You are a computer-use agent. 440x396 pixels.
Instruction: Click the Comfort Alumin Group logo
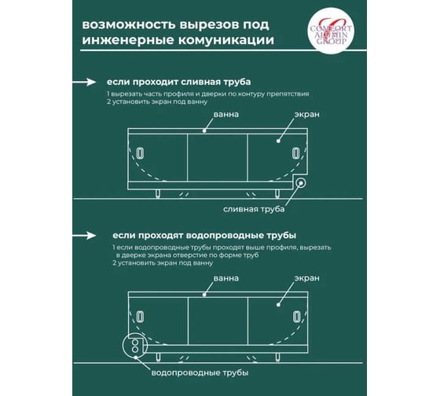(331, 31)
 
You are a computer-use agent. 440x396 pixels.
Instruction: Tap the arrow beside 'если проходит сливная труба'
(84, 82)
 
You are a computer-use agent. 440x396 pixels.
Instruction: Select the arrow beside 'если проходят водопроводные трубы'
(84, 235)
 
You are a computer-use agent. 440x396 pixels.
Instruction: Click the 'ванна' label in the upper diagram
(226, 115)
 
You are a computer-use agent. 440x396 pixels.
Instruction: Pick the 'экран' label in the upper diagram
(306, 115)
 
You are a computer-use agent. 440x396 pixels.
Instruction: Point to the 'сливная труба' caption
(254, 209)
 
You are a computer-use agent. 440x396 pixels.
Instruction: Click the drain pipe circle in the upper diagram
(301, 183)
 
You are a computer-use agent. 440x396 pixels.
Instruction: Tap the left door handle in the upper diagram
(140, 153)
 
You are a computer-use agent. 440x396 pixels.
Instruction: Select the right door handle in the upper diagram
(295, 153)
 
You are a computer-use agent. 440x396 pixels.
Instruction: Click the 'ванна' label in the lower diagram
(226, 278)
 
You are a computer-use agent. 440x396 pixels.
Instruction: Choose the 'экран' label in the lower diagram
(306, 278)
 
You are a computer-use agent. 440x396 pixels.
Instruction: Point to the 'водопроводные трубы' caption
(200, 373)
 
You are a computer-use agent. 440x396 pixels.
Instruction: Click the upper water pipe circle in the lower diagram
(135, 343)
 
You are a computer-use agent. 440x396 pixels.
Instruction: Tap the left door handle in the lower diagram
(140, 317)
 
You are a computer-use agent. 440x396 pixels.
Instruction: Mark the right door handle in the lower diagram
(295, 317)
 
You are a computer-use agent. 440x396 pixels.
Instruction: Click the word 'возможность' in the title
(129, 24)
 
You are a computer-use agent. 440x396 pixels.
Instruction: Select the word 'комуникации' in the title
(226, 40)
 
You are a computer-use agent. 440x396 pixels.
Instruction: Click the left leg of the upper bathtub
(158, 193)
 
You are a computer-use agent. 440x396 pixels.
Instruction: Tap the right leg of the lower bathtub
(277, 357)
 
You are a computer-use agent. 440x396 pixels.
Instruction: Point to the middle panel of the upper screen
(217, 158)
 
